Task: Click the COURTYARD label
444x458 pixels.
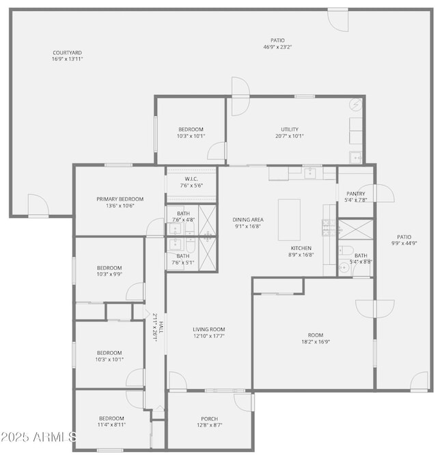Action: (67, 53)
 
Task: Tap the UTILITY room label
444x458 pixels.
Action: (289, 129)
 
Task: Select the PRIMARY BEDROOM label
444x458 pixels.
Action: (120, 199)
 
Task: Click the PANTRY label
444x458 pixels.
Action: (357, 193)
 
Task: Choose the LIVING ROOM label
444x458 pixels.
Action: (209, 329)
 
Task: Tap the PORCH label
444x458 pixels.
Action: (209, 418)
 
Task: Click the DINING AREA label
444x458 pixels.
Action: (248, 220)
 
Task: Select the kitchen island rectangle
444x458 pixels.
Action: (290, 220)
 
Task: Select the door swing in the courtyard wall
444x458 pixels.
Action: (37, 204)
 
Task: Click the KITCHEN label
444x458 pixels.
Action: (301, 248)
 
